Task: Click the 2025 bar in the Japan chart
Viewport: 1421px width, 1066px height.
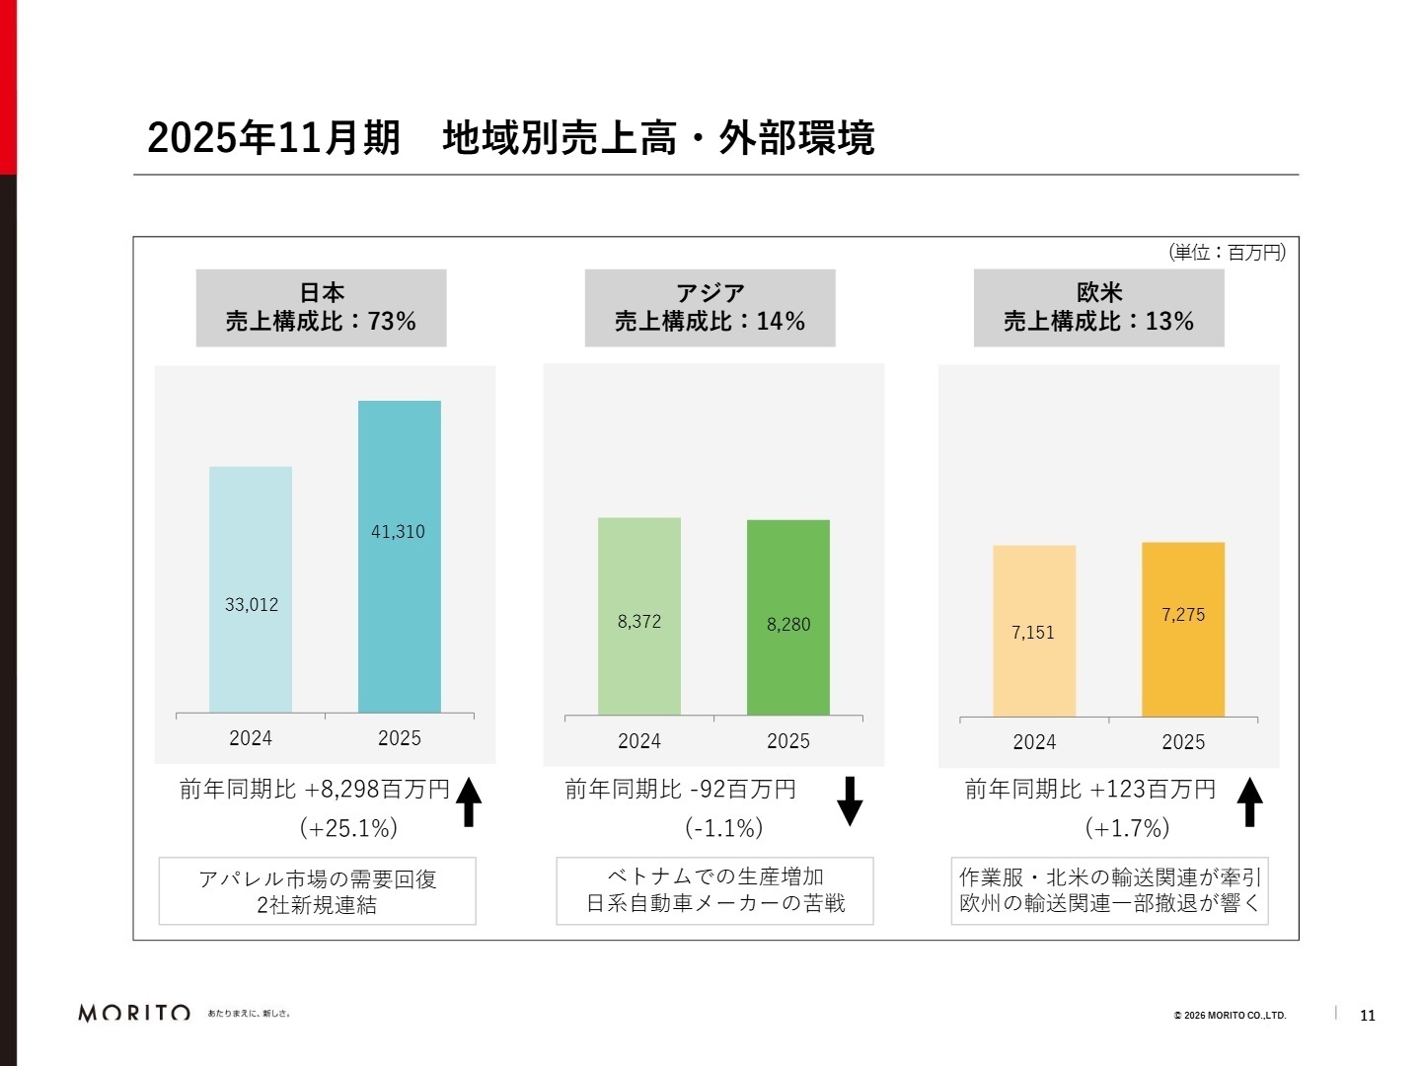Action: (399, 592)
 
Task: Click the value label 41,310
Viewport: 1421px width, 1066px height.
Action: (398, 532)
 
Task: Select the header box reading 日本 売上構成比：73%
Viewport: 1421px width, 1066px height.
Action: (321, 308)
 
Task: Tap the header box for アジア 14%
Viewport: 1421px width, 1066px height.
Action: (710, 308)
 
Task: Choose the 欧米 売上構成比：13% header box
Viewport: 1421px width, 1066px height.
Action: (1098, 308)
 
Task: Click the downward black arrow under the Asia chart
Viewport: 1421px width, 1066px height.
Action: (850, 800)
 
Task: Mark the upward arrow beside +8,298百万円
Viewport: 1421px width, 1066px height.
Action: (469, 800)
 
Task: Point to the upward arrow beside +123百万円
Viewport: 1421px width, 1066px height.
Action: (1249, 800)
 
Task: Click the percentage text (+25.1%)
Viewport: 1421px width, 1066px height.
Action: (348, 828)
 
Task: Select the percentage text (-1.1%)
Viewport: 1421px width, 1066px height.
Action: (724, 828)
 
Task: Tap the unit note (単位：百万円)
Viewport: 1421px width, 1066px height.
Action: (1227, 253)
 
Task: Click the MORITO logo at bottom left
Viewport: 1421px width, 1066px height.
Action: (134, 1013)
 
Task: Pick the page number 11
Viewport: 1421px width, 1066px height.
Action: (1367, 1016)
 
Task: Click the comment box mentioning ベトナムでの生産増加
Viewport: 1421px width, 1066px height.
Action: (714, 890)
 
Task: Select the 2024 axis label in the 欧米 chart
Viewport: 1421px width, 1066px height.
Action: (1033, 742)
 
